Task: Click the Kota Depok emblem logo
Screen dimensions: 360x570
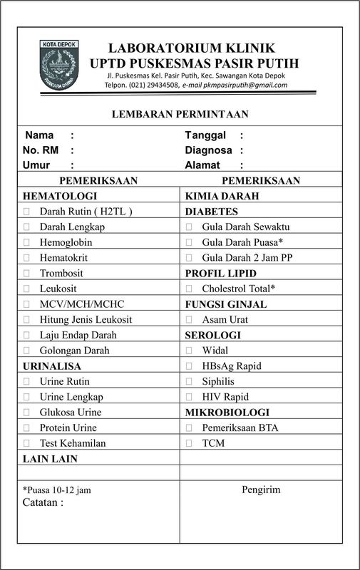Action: [61, 66]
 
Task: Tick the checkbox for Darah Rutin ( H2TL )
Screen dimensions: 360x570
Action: [27, 212]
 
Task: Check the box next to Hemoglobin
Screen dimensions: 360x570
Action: [27, 242]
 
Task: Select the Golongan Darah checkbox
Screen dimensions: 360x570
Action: [27, 350]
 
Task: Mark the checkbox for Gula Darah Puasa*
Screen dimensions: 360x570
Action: [189, 242]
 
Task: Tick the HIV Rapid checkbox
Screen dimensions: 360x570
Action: [189, 397]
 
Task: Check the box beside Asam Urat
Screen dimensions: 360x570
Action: [189, 319]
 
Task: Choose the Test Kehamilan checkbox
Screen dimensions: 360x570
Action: [27, 443]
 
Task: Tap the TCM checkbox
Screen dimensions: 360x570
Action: [189, 443]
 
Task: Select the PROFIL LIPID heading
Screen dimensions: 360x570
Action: [217, 273]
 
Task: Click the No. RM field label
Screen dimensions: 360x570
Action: [40, 150]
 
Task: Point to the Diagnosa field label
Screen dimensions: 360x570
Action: [209, 150]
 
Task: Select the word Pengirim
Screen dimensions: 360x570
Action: [261, 489]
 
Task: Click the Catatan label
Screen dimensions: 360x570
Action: [43, 502]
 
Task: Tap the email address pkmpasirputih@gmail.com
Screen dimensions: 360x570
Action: [247, 85]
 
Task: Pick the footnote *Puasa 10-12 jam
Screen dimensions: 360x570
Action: [56, 490]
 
